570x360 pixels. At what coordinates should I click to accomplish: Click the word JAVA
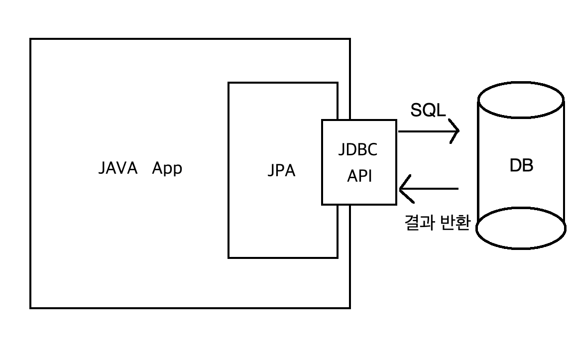(x=117, y=168)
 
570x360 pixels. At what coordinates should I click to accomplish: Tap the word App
(x=167, y=169)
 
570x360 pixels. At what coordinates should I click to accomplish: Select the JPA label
(x=281, y=171)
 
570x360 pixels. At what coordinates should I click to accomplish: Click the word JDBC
(x=357, y=150)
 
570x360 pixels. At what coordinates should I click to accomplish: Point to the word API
(x=359, y=176)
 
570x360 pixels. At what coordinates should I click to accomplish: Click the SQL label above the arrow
(x=428, y=111)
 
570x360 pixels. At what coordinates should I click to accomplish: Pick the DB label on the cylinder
(x=521, y=166)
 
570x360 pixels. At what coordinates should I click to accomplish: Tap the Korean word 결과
(x=420, y=224)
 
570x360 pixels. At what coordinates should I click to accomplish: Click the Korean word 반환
(x=455, y=224)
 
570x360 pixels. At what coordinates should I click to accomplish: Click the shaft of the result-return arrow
(x=433, y=189)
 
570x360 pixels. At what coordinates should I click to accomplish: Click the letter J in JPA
(x=271, y=171)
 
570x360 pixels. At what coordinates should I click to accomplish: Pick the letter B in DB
(x=527, y=166)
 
